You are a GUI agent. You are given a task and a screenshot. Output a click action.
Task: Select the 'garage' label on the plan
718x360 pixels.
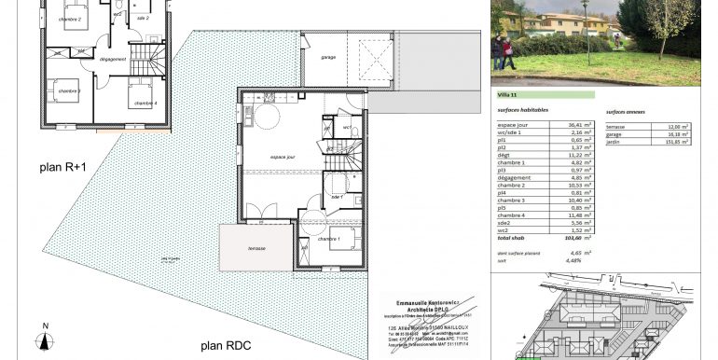[x=328, y=58]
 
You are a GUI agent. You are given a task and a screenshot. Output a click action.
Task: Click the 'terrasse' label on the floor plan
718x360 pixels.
[x=256, y=248]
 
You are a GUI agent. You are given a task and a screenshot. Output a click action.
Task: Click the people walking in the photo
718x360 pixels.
[x=504, y=51]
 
